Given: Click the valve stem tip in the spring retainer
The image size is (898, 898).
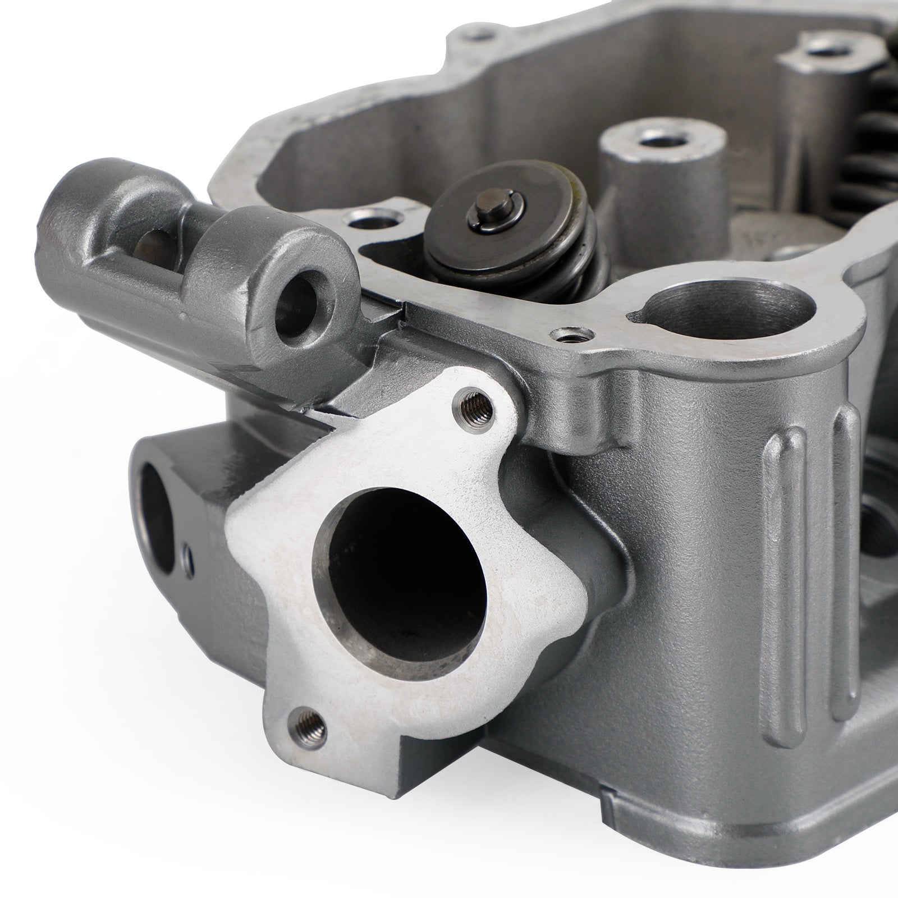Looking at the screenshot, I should (486, 214).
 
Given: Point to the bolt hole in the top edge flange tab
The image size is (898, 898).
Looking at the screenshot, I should (478, 35).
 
